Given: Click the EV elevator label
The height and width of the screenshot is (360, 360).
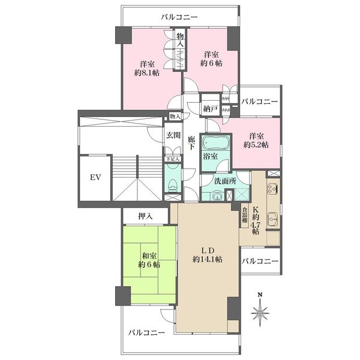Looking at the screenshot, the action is point(95,178).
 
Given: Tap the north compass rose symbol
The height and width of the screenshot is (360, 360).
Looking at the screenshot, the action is point(260,313).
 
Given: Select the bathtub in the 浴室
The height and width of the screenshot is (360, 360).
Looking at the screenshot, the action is point(215,142).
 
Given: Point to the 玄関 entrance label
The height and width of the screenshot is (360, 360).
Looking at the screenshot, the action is point(173,135).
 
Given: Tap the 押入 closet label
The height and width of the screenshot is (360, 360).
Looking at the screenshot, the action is point(145,216).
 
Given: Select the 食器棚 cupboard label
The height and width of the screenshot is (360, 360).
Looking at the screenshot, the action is point(245,215).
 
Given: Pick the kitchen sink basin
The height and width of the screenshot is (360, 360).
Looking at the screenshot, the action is point(273,218).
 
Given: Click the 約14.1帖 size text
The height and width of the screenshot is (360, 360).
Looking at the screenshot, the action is point(208,259).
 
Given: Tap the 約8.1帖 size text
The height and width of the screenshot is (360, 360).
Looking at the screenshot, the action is point(147,73).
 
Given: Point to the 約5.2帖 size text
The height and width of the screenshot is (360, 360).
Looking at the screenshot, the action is point(256,145).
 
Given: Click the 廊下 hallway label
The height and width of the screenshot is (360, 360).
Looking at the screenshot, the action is point(191,143).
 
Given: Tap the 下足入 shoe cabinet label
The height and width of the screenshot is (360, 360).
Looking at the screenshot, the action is point(173,158).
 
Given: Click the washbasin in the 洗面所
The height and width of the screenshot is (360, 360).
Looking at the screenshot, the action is point(217,196).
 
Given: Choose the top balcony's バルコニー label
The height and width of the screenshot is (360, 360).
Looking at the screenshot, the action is point(179,17).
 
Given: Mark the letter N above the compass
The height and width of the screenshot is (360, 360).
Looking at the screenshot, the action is point(260,295).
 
